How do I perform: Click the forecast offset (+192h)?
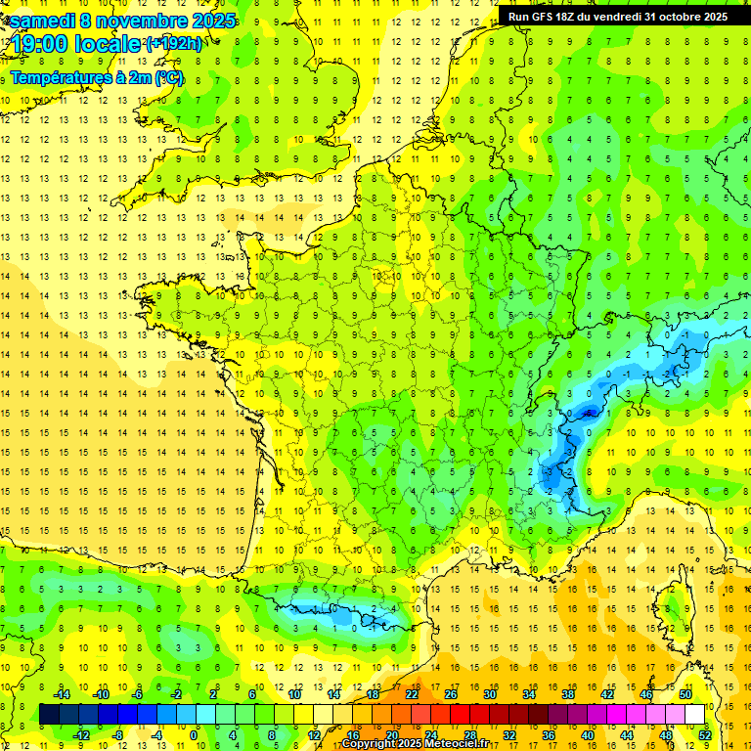pyautogui.click(x=173, y=44)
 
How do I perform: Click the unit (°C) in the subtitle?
pyautogui.click(x=167, y=77)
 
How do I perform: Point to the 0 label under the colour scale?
pyautogui.click(x=194, y=734)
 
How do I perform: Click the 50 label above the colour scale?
pyautogui.click(x=685, y=693)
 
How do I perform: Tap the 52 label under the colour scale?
pyautogui.click(x=705, y=734)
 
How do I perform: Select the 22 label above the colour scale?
pyautogui.click(x=412, y=693)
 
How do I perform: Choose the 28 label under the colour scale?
pyautogui.click(x=470, y=734)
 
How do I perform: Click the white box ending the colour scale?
pyautogui.click(x=695, y=714)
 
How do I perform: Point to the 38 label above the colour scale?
pyautogui.click(x=568, y=693)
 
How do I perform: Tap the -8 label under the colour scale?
pyautogui.click(x=117, y=734)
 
